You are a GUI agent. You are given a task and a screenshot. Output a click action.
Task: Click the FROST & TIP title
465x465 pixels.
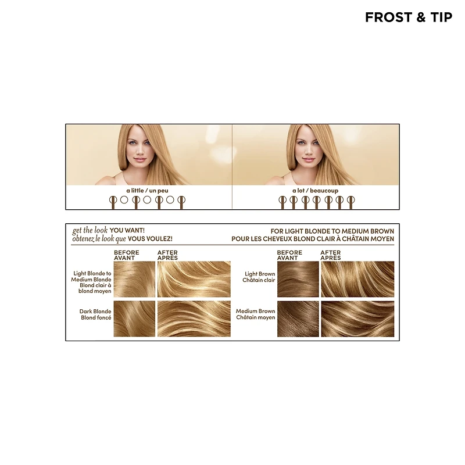[x=409, y=17]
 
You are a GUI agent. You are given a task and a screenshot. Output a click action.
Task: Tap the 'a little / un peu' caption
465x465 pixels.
[x=147, y=191]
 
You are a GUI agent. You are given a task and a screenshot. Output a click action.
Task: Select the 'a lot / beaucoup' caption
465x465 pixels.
[x=315, y=191]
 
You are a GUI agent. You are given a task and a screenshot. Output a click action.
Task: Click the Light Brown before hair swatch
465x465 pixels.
[x=298, y=279]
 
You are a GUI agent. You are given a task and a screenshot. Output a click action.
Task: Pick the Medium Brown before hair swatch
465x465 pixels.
[x=298, y=319]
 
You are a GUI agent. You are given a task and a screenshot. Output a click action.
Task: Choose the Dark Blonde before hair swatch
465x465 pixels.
[x=134, y=319]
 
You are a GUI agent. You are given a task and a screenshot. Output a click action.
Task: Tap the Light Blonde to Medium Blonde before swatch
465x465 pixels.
[x=134, y=279]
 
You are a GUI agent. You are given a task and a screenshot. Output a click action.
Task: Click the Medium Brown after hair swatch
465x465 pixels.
[x=357, y=319]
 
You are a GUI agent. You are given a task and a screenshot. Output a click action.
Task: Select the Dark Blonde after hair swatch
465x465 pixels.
[x=194, y=319]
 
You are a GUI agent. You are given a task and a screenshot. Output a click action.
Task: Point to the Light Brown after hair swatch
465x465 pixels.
[x=357, y=279]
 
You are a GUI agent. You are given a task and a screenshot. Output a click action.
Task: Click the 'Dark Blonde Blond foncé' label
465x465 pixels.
[x=95, y=314]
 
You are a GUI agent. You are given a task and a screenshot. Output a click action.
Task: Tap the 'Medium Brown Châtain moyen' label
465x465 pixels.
[x=256, y=314]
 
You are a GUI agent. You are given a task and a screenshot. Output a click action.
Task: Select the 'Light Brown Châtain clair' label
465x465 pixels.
[x=259, y=277]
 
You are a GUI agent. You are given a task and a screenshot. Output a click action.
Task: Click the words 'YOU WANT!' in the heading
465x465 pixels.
[x=127, y=230]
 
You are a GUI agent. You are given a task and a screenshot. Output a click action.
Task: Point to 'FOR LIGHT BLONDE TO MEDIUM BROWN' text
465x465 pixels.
[x=332, y=231]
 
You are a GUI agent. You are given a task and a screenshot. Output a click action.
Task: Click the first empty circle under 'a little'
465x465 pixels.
[x=124, y=200]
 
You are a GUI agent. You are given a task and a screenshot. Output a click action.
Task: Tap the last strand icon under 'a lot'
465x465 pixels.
[x=351, y=202]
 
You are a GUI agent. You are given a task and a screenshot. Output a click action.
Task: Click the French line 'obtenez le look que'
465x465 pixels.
[x=99, y=239]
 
